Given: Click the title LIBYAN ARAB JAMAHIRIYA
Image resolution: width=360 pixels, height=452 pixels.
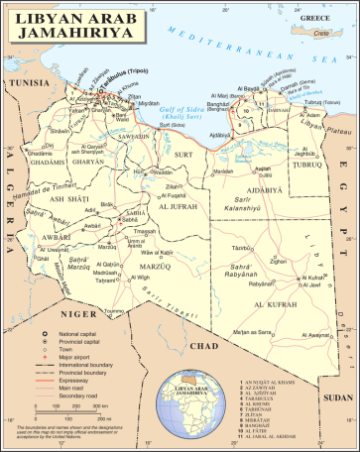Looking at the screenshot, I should (73, 25).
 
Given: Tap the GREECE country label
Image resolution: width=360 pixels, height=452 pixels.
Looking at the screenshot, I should (315, 18).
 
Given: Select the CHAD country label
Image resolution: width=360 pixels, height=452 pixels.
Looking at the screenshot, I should (203, 345).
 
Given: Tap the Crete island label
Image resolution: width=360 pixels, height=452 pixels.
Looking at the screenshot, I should (320, 33).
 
